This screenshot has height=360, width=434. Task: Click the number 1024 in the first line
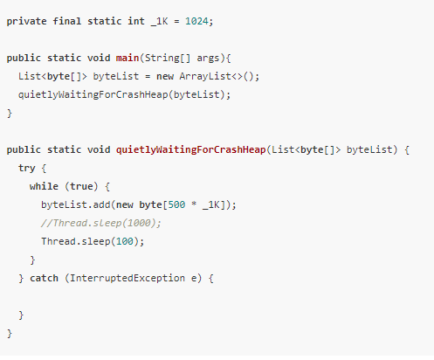click(196, 21)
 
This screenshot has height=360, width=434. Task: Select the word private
click(26, 22)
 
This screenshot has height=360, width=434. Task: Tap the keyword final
click(66, 21)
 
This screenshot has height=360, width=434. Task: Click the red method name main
click(127, 58)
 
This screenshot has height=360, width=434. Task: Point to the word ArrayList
click(205, 76)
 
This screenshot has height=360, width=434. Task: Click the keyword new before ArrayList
click(165, 77)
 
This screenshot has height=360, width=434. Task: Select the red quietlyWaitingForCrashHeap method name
click(190, 150)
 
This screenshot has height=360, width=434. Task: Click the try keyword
click(26, 169)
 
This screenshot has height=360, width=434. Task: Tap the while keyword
click(44, 186)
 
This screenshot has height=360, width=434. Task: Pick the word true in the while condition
click(81, 186)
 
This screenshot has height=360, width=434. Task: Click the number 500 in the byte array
click(176, 204)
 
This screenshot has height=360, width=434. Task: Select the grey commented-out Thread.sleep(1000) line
click(101, 223)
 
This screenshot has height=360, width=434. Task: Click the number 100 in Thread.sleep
click(125, 241)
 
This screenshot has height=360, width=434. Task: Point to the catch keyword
click(44, 278)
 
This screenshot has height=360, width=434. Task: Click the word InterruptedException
click(127, 279)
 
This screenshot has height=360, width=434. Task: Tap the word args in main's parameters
click(208, 59)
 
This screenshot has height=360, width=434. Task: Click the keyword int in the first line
click(136, 21)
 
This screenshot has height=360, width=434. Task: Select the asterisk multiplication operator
click(194, 204)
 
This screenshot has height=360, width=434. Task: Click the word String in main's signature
click(162, 59)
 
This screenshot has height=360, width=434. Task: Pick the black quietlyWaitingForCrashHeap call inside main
click(93, 95)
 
